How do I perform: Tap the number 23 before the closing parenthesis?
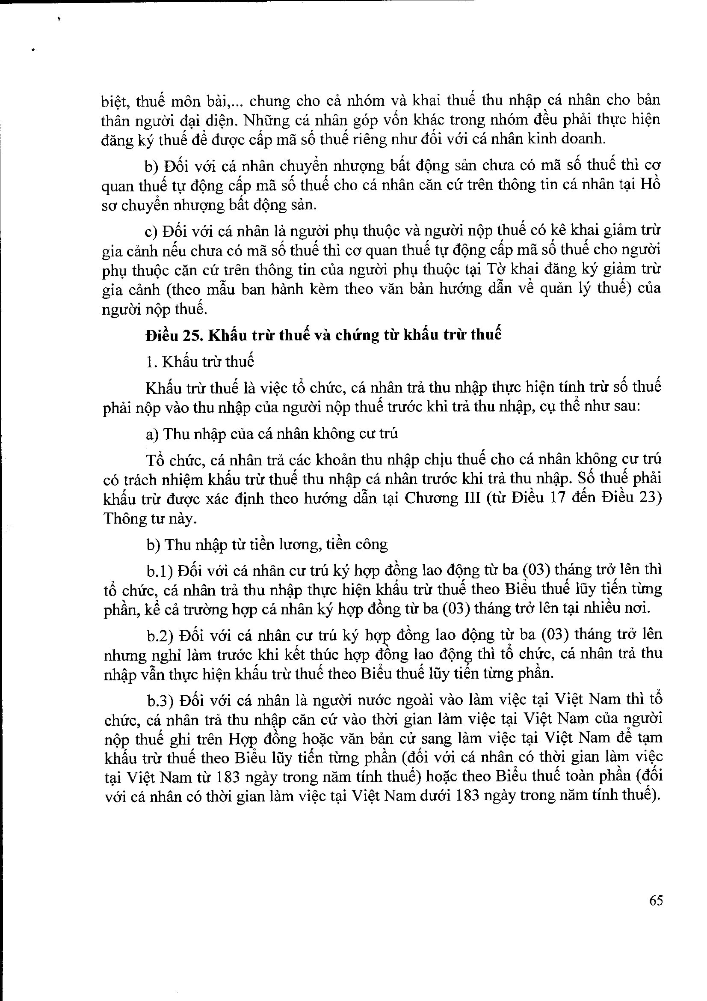click(648, 498)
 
